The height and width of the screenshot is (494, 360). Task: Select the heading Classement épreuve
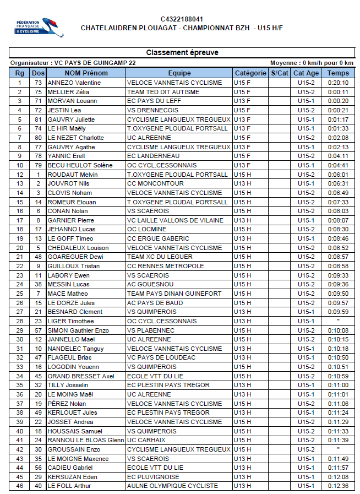tap(182, 53)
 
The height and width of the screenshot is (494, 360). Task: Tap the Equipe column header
tap(179, 73)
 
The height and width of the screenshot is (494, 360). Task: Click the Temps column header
tap(337, 73)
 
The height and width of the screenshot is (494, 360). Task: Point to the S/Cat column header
tap(280, 73)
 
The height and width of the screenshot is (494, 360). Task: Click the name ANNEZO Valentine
tap(74, 83)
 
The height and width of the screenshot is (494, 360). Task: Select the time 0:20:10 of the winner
tap(337, 83)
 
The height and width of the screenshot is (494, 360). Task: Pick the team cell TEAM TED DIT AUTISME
tap(163, 92)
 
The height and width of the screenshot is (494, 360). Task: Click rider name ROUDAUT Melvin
tap(73, 175)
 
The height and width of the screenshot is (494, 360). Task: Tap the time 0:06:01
tap(337, 175)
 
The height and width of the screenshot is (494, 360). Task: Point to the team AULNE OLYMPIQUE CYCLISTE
tap(172, 486)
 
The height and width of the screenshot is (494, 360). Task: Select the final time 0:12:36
tap(337, 486)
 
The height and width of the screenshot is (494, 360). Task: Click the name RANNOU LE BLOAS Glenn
tap(86, 441)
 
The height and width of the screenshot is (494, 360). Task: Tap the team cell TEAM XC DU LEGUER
tap(160, 257)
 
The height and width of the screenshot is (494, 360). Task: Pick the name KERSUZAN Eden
tap(72, 477)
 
